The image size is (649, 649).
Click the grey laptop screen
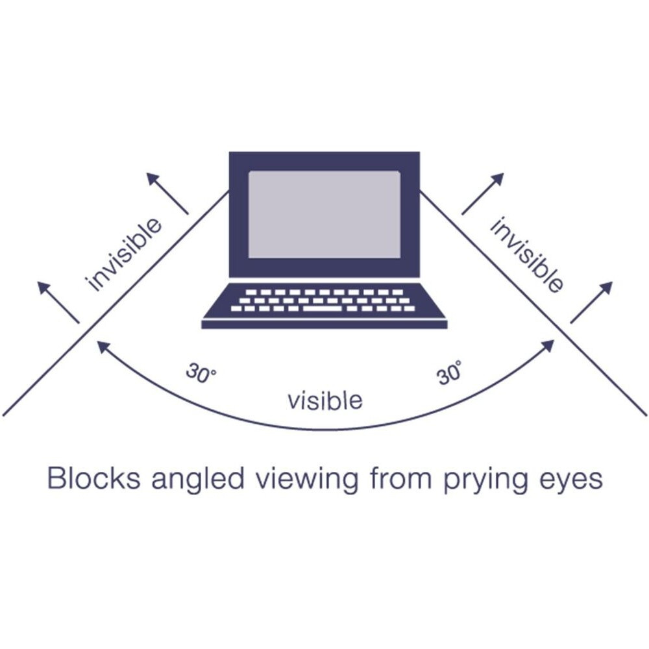pyautogui.click(x=324, y=214)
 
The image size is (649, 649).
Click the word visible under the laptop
pyautogui.click(x=324, y=400)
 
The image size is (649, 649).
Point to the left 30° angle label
pyautogui.click(x=201, y=373)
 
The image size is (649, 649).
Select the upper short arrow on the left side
pyautogui.click(x=167, y=193)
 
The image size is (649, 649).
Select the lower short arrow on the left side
pyautogui.click(x=58, y=302)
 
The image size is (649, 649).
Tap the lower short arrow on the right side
pyautogui.click(x=591, y=302)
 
